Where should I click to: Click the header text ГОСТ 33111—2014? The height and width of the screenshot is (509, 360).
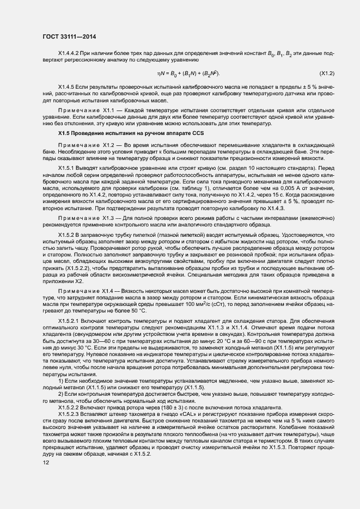(x=69, y=35)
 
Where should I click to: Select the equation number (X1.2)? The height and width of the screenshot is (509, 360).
(x=327, y=72)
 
